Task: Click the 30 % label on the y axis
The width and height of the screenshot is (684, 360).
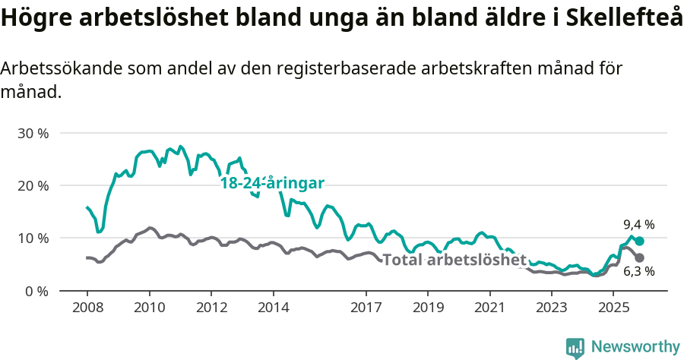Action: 33,133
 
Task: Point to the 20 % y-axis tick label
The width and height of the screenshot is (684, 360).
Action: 33,185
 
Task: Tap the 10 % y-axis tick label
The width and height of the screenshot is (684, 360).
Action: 33,238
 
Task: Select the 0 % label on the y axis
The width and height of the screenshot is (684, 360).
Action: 36,291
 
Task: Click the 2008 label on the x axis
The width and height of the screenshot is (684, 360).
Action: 87,308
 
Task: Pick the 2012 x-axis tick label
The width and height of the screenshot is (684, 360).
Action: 211,308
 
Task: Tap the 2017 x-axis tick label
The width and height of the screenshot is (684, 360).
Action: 366,308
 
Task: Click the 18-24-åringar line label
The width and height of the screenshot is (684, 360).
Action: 272,183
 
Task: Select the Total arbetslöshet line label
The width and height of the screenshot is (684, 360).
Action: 454,260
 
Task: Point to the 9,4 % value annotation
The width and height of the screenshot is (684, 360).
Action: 638,225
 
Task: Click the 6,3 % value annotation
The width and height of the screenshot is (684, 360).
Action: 638,271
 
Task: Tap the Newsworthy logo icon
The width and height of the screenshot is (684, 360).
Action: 575,348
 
